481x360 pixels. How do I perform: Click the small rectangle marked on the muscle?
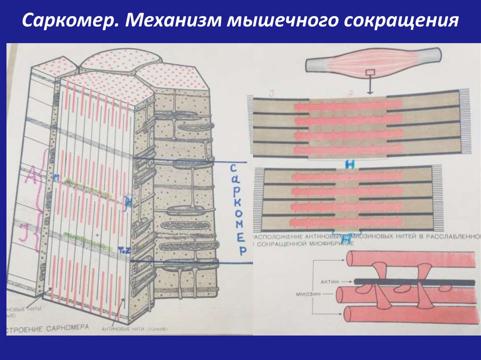tap(370, 73)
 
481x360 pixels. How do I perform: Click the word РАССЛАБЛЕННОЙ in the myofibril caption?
tap(453, 237)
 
